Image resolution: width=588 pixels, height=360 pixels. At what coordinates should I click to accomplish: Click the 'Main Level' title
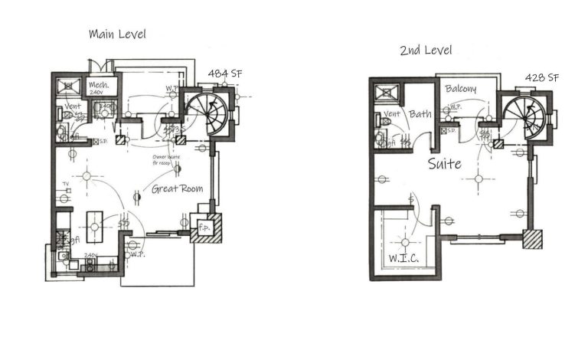click(117, 34)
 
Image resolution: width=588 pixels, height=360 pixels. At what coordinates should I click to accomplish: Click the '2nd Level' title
click(425, 51)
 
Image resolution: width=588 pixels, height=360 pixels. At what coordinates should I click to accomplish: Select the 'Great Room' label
click(177, 188)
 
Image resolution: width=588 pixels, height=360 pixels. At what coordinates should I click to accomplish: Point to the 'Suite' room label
click(444, 163)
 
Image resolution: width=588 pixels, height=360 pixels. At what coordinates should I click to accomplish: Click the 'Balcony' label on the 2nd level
click(460, 89)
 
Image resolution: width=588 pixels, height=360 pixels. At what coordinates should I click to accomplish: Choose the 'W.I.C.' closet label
click(403, 258)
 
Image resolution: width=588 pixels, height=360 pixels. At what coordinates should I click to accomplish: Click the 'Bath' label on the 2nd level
click(420, 114)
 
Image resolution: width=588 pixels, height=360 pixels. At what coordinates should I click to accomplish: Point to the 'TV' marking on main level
click(67, 184)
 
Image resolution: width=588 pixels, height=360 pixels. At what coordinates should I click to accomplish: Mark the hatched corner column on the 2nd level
click(533, 239)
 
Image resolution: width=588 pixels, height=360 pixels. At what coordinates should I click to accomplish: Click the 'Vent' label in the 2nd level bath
click(392, 114)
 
